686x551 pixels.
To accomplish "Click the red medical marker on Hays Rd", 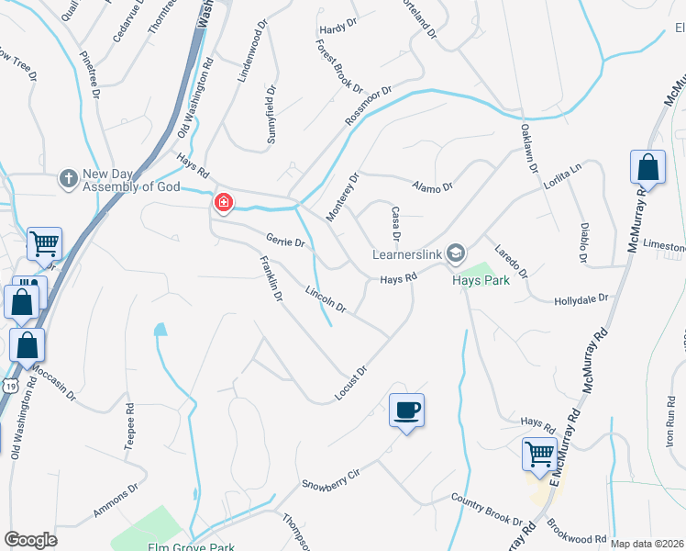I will (222, 202).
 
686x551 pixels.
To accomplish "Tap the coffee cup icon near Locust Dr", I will (406, 410).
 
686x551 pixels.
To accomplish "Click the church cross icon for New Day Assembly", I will (67, 177).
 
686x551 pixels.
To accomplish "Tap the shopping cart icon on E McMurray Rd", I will (539, 453).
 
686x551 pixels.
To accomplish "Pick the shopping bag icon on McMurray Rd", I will (647, 168).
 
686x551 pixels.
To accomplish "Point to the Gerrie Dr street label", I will (284, 242).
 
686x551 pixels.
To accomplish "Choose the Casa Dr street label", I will (397, 223).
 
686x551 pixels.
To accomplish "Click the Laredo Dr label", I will (511, 262).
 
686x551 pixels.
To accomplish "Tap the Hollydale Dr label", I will (581, 298).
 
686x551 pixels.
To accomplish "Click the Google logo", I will (30, 540).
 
